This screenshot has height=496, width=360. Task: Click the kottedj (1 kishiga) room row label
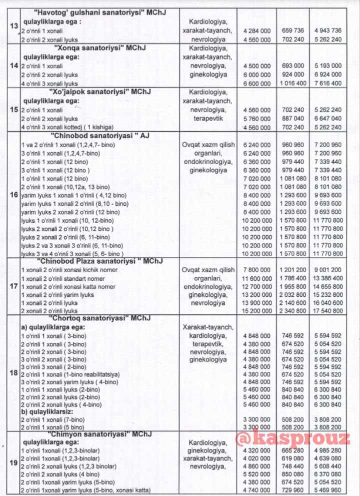[69, 127]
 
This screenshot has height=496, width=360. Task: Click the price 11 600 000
[256, 278]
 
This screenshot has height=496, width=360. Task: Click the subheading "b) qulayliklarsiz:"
[45, 412]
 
